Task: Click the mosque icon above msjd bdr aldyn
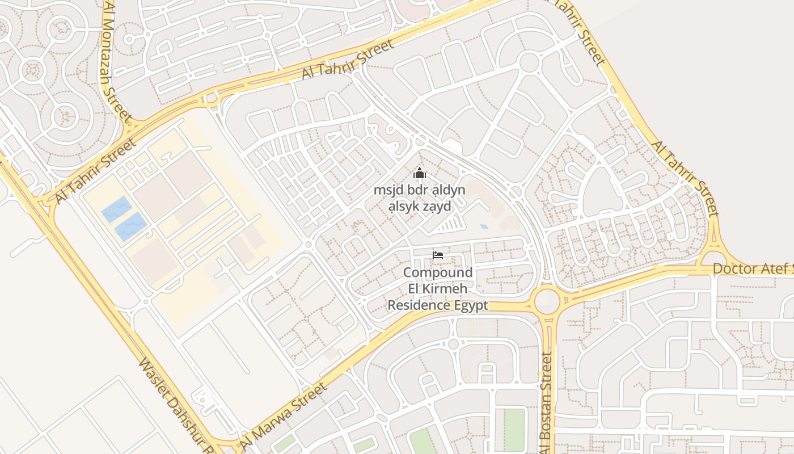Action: (419, 173)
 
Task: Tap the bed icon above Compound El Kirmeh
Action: (438, 255)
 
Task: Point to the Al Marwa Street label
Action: (284, 416)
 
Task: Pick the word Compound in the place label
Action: (438, 272)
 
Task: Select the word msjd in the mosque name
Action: (387, 190)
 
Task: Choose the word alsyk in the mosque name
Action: (402, 206)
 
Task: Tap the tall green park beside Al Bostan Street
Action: (514, 430)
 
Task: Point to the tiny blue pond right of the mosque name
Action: (483, 226)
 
